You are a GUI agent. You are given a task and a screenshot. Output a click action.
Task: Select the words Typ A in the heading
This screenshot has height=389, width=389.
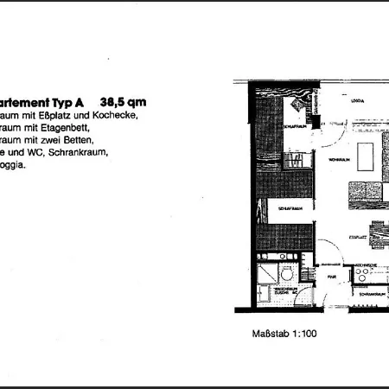pyautogui.click(x=73, y=99)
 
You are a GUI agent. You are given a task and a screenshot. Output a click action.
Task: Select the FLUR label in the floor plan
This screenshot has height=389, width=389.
pyautogui.click(x=331, y=277)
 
